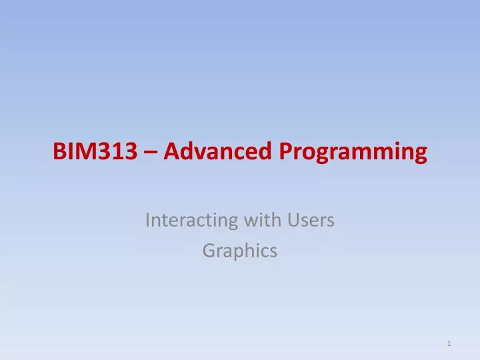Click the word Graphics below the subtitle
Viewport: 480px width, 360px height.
click(x=239, y=251)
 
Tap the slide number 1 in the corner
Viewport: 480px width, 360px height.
click(x=450, y=343)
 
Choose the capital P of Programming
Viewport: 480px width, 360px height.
click(x=284, y=153)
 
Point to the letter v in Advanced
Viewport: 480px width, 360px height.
click(x=195, y=154)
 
